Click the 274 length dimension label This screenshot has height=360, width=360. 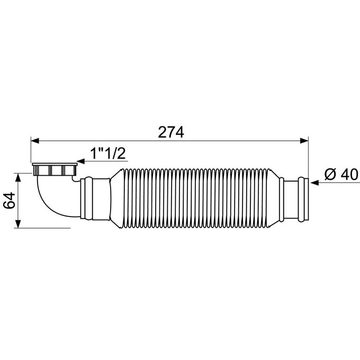click(171, 132)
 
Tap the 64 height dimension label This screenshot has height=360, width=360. click(10, 201)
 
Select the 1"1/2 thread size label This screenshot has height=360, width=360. click(108, 154)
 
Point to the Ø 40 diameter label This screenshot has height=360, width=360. click(341, 175)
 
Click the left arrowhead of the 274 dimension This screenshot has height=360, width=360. click(35, 141)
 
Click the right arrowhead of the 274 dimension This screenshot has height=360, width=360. click(304, 141)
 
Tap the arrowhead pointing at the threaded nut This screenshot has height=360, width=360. click(81, 161)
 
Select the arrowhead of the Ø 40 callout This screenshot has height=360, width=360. click(314, 183)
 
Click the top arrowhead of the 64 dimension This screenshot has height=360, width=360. click(18, 177)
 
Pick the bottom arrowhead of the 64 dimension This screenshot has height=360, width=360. click(18, 224)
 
